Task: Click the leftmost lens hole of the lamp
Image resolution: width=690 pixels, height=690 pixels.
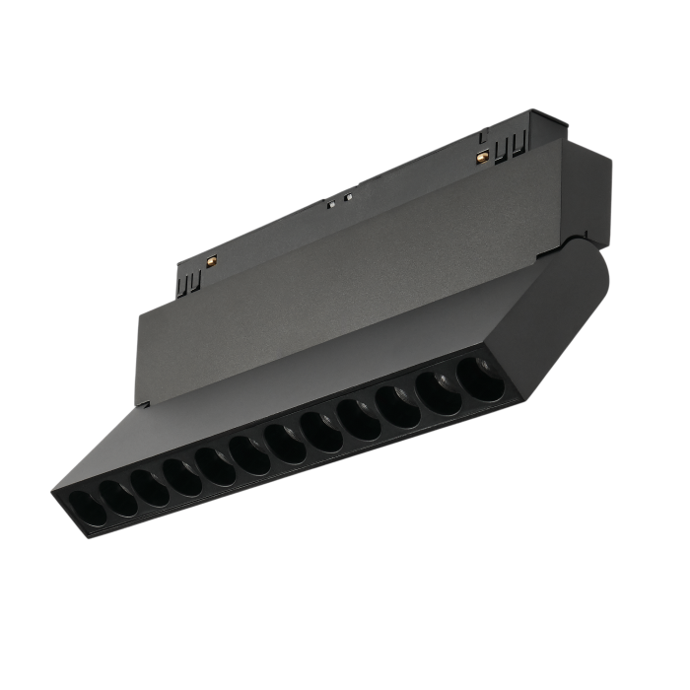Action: [82, 509]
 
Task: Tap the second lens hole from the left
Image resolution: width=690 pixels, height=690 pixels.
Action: [114, 495]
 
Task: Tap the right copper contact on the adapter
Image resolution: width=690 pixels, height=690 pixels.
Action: [482, 157]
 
